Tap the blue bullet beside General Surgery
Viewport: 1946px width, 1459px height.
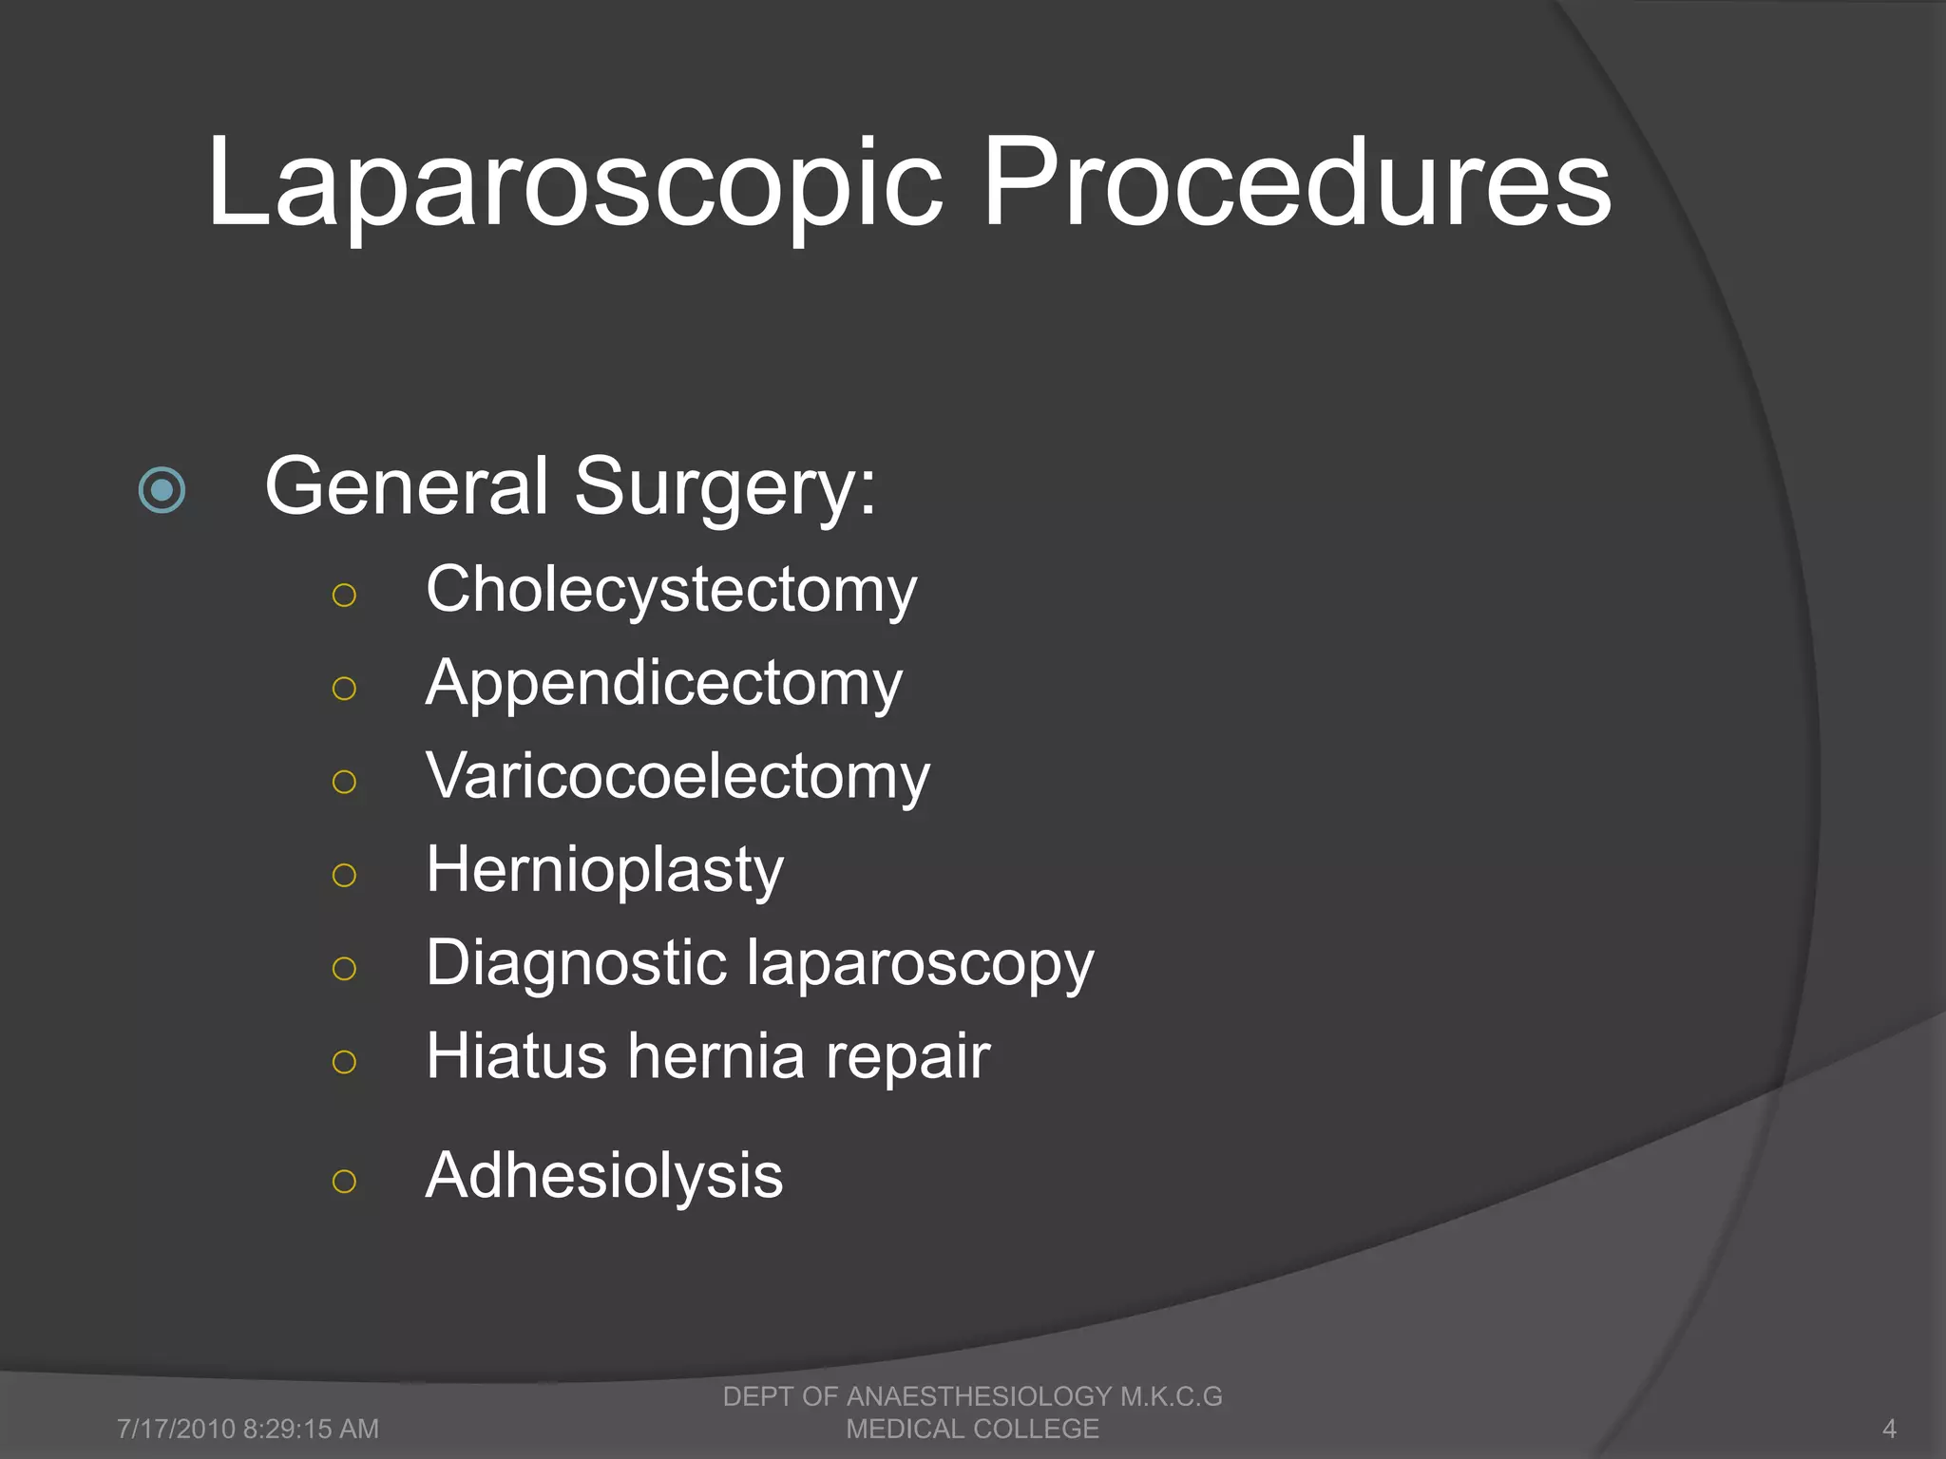[x=162, y=490]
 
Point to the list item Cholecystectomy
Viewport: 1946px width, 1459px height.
[x=671, y=591]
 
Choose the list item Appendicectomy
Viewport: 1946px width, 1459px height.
[x=663, y=684]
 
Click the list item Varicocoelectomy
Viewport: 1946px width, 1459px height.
[x=677, y=777]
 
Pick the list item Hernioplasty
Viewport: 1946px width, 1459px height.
[x=604, y=870]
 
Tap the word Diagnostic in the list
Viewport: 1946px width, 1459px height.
[x=576, y=963]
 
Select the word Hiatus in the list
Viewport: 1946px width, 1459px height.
[x=516, y=1056]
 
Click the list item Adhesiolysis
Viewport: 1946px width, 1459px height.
[x=604, y=1176]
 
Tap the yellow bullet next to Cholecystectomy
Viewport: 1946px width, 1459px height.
[x=344, y=596]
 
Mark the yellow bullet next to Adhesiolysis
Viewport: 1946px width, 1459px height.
[x=344, y=1182]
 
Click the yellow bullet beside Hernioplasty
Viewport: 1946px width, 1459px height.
[x=344, y=875]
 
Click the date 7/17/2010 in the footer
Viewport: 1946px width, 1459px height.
[x=176, y=1429]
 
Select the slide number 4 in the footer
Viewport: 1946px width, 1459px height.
[x=1889, y=1429]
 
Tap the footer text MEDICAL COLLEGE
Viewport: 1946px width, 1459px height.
[x=972, y=1429]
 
